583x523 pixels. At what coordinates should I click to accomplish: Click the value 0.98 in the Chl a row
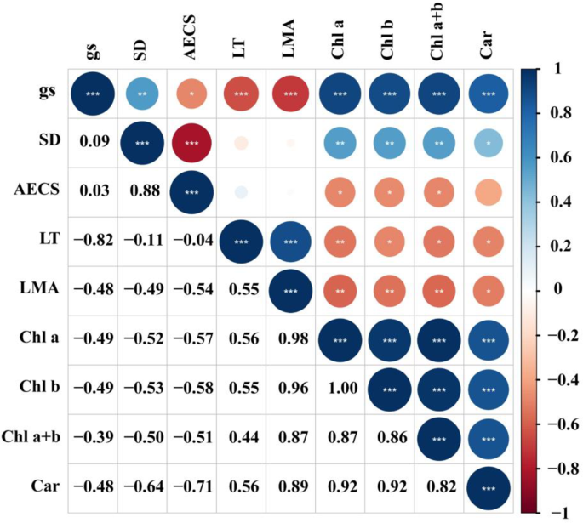point(289,340)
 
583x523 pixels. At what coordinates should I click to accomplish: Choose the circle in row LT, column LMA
point(289,241)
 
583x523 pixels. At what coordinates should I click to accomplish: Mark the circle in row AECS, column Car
point(489,191)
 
